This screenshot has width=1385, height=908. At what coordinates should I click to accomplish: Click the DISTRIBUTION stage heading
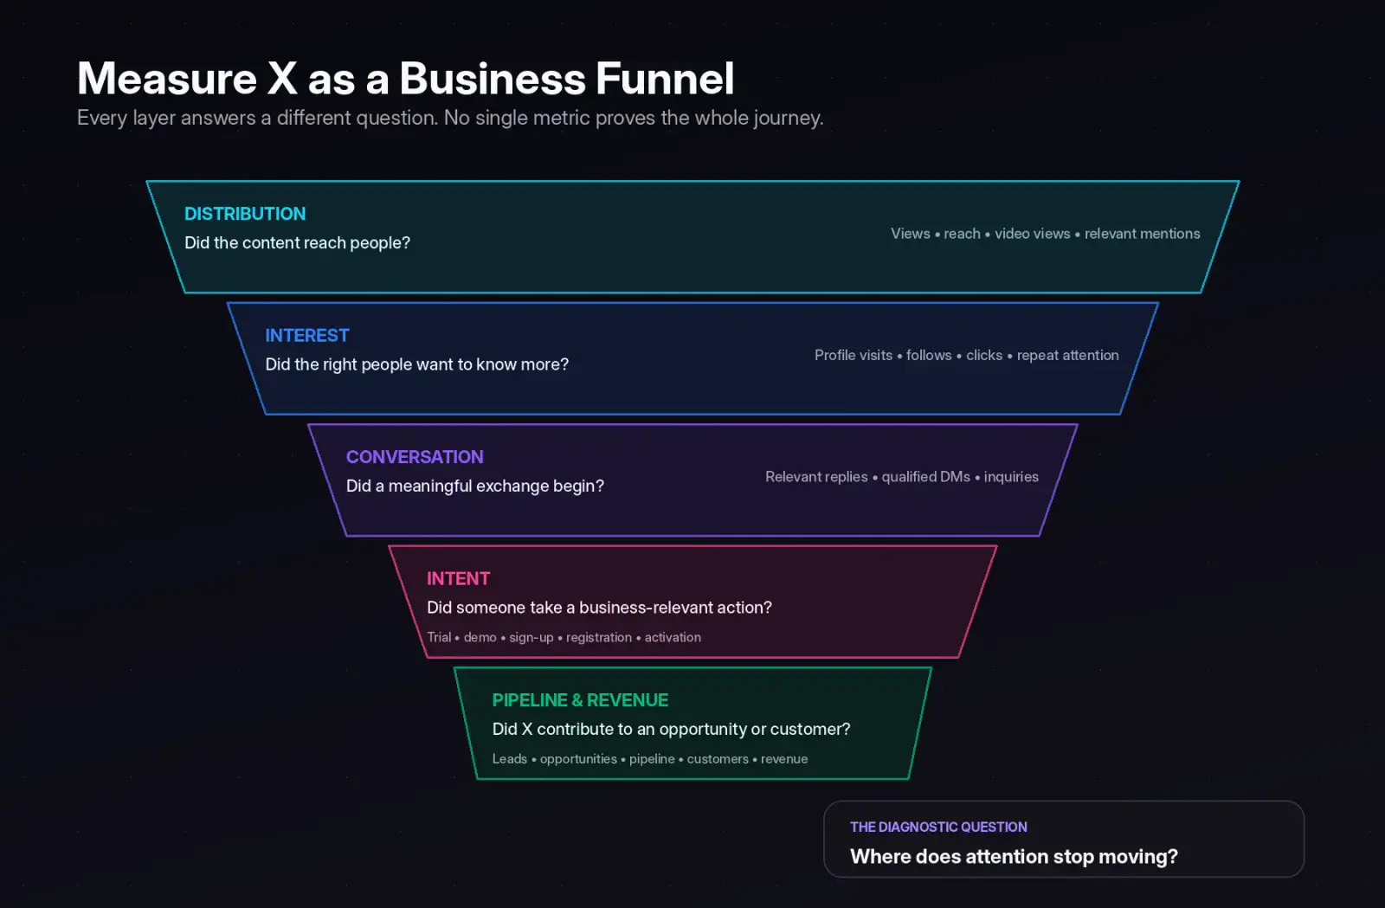click(x=245, y=214)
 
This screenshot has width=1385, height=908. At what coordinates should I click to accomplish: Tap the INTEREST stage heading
click(x=307, y=336)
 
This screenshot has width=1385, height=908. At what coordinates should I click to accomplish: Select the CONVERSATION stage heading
click(x=415, y=457)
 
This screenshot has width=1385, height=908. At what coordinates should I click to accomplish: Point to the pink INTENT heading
click(x=458, y=578)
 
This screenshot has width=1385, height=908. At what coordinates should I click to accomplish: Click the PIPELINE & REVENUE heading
click(x=580, y=700)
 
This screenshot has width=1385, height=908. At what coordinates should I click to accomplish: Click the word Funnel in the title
click(x=665, y=79)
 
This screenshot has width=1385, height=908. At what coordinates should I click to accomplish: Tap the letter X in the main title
click(x=282, y=79)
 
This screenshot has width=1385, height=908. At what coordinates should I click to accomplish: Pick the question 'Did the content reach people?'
click(x=298, y=243)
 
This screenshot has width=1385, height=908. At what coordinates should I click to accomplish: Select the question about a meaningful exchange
click(x=475, y=486)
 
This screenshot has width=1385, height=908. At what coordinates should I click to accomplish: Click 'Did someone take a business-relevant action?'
click(x=599, y=608)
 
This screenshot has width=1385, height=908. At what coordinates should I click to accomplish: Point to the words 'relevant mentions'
click(x=1142, y=234)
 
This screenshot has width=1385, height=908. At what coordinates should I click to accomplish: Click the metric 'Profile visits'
click(x=854, y=356)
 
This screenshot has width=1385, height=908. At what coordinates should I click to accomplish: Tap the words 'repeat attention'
click(x=1068, y=356)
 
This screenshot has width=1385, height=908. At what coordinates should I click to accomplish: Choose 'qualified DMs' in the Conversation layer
click(x=925, y=477)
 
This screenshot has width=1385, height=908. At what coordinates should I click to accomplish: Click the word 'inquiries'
click(x=1011, y=477)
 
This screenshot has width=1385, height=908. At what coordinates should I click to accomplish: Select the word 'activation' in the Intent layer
click(x=673, y=637)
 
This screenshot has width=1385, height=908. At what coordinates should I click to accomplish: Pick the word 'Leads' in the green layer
click(x=510, y=759)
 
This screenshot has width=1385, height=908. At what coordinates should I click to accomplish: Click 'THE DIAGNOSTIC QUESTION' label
click(x=938, y=827)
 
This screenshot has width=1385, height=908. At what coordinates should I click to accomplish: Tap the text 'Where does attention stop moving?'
click(x=1014, y=857)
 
